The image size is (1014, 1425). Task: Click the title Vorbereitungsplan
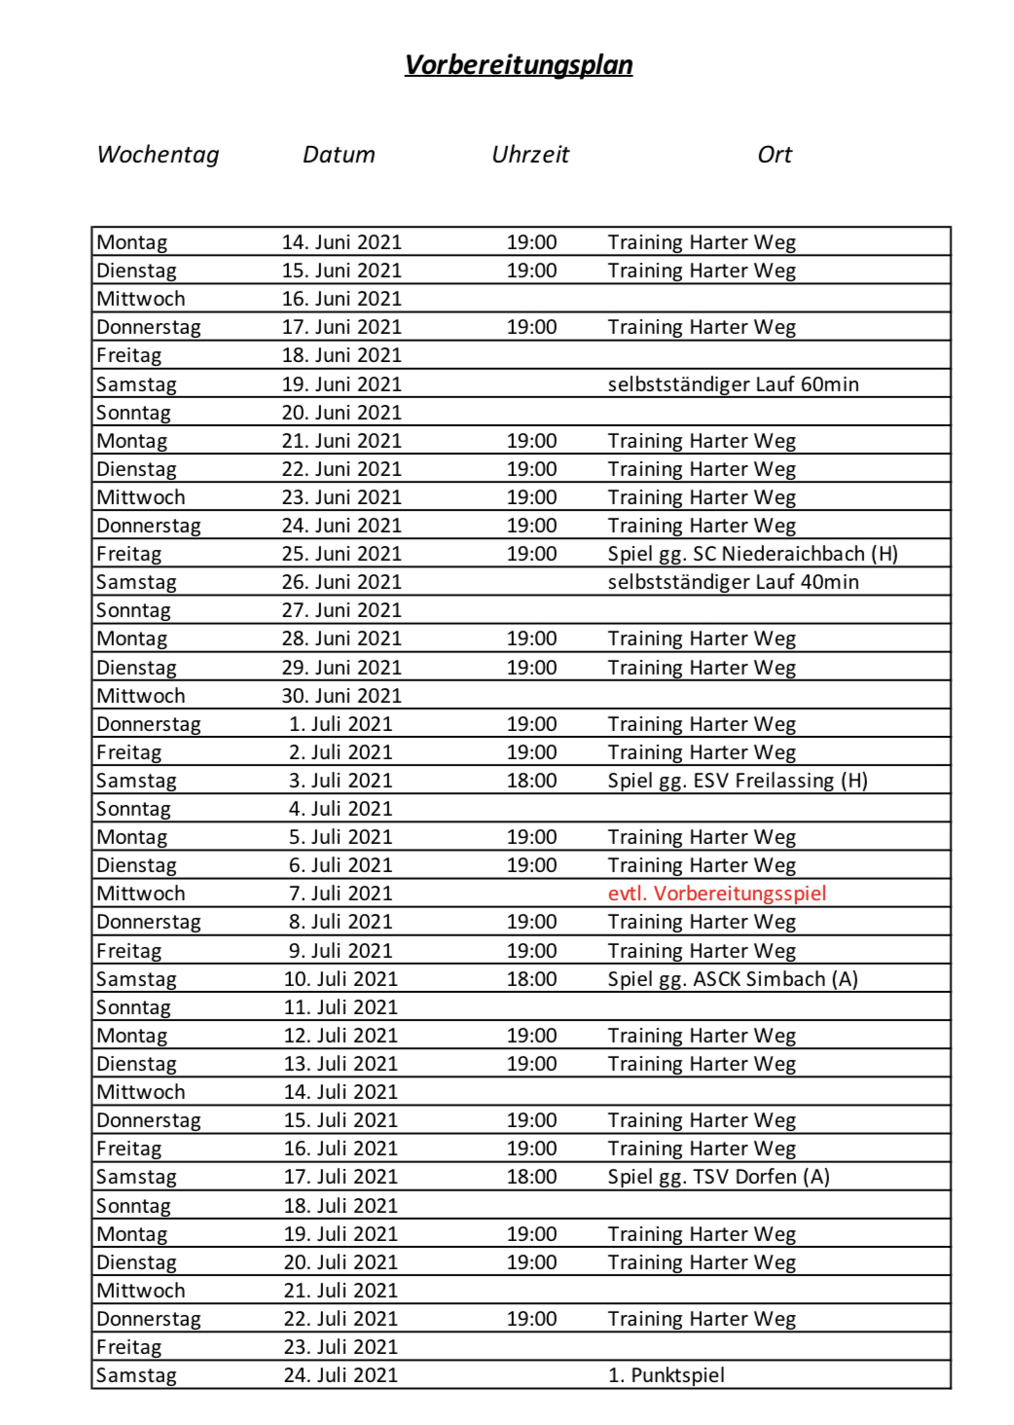coord(519,65)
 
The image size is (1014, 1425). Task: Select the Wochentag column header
coord(159,155)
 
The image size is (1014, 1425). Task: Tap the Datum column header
coord(339,155)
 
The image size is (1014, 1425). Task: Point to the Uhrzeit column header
coord(530,155)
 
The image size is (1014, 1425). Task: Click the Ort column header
coord(775,155)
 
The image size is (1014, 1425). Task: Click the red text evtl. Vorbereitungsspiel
coord(716,894)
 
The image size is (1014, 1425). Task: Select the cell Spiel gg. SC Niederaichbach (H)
coord(752,554)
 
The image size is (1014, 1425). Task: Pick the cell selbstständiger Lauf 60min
coord(733,384)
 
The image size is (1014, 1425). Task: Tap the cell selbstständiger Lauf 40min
coord(733,582)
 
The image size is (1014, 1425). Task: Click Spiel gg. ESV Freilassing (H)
coord(738,781)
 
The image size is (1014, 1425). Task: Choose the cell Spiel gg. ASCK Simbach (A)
coord(733,979)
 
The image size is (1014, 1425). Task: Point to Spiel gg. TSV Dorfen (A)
coord(718,1177)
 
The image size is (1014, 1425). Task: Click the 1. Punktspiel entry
coord(667,1375)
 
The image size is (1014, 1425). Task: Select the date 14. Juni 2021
coord(342,242)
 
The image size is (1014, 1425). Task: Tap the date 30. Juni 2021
coord(342,696)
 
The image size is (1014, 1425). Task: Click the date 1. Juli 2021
coord(341,724)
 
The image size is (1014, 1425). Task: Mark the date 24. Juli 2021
coord(341,1375)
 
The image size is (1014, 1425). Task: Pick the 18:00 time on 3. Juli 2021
coord(531,781)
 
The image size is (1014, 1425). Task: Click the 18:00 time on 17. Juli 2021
coord(531,1177)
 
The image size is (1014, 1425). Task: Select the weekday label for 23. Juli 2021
coord(128,1347)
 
